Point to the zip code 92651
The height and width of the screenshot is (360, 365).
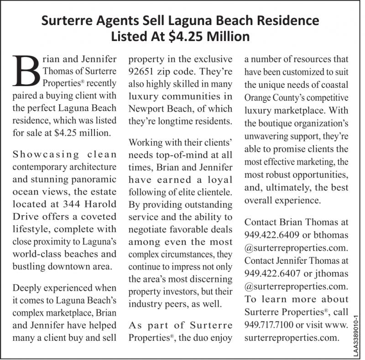pyautogui.click(x=143, y=72)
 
